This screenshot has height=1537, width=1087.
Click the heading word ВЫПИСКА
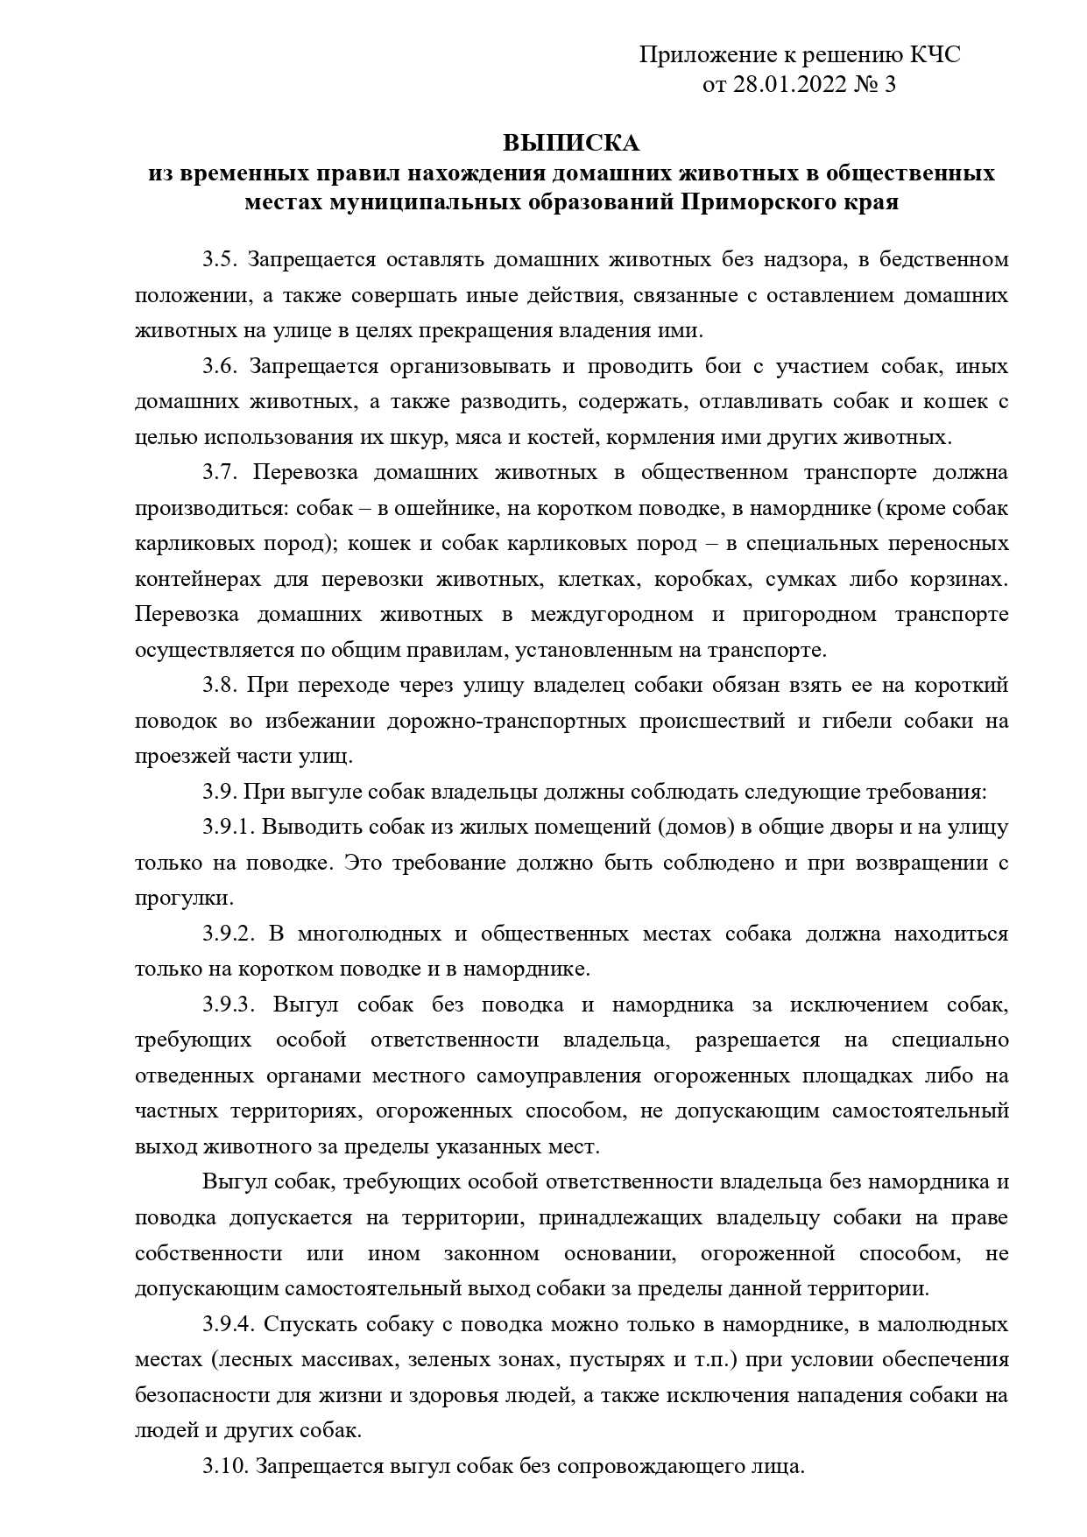571,143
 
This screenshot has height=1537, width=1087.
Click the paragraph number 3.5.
222,260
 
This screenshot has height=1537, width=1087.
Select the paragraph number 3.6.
222,366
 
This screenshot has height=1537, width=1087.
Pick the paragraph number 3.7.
222,473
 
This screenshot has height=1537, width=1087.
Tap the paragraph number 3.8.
222,685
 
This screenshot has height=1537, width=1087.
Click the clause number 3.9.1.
229,827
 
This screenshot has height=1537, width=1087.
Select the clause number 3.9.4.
229,1323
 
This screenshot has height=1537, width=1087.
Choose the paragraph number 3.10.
226,1465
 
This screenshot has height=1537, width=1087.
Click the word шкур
425,437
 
